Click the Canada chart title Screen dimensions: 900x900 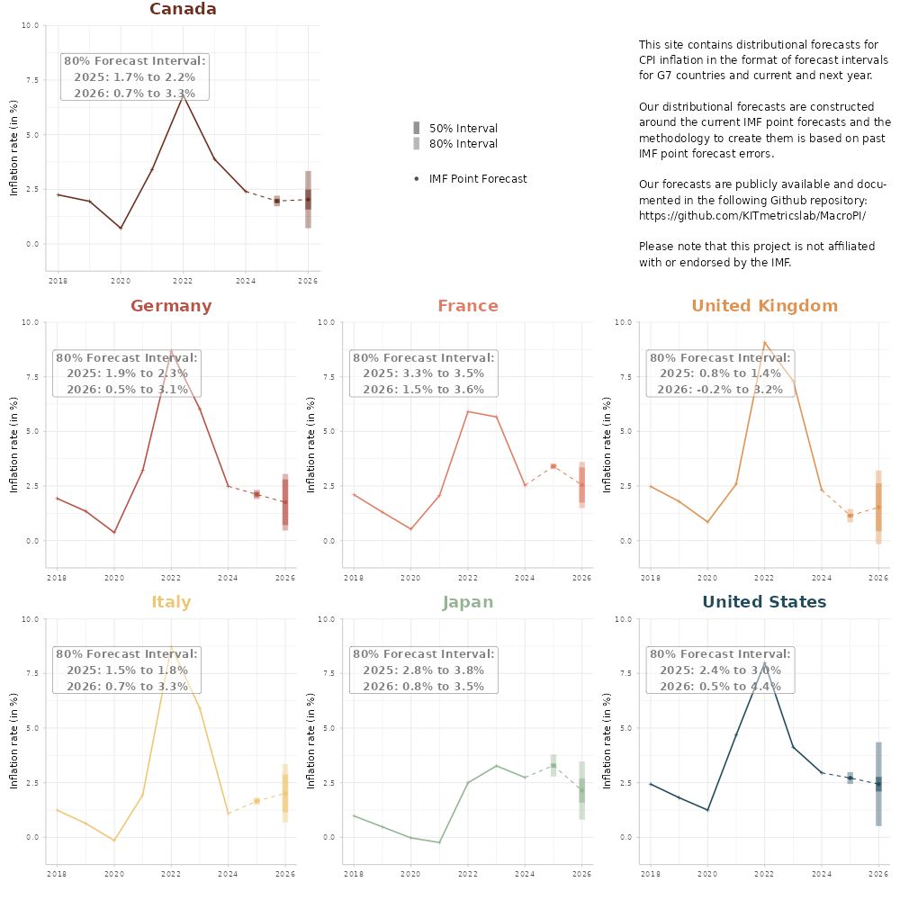click(x=183, y=9)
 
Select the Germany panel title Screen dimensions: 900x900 click(x=171, y=306)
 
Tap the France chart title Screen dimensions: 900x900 click(x=467, y=306)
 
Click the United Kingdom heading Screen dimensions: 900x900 click(x=764, y=306)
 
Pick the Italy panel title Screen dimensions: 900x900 click(x=171, y=602)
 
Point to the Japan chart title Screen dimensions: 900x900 click(x=467, y=602)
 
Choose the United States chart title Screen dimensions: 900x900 click(x=764, y=602)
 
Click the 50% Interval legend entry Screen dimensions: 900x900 click(x=463, y=129)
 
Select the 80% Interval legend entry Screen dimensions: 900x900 click(x=463, y=144)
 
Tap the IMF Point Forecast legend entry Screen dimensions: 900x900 click(x=477, y=179)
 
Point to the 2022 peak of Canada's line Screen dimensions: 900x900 click(x=183, y=94)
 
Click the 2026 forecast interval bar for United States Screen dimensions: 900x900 click(x=878, y=784)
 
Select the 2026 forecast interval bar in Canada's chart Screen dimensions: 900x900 click(x=308, y=199)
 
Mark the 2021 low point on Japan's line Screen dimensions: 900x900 click(x=439, y=842)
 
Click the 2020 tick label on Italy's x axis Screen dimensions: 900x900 click(x=113, y=873)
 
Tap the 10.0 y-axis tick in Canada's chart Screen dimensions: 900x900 click(x=31, y=26)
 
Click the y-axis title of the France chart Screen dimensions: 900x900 click(x=310, y=445)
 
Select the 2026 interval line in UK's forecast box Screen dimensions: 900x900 click(x=720, y=390)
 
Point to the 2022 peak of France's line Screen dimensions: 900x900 click(x=467, y=411)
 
